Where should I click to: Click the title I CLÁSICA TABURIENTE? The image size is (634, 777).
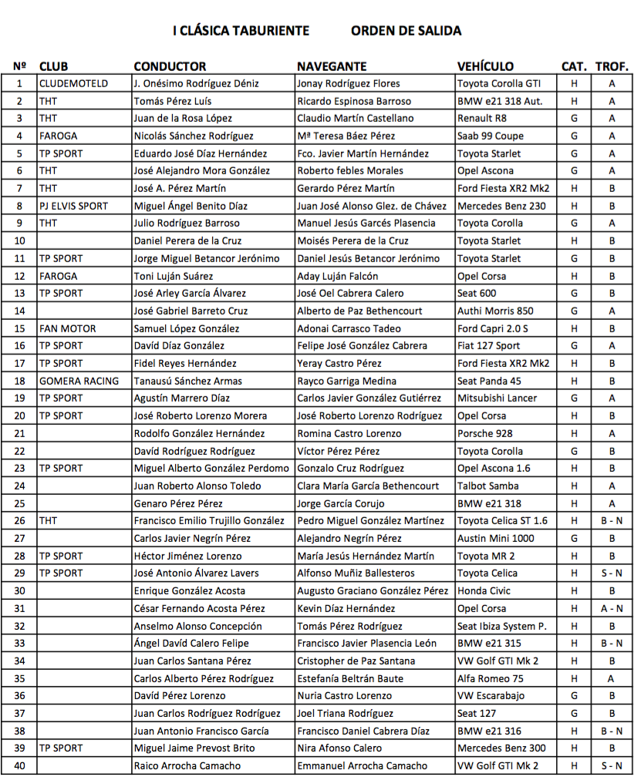point(241,31)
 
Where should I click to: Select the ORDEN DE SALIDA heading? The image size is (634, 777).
point(406,31)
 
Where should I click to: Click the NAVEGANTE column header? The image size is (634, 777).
point(332,66)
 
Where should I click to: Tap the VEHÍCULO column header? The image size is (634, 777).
point(485,66)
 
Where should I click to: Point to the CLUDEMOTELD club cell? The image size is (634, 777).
point(73,83)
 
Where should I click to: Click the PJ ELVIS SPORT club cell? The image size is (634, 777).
point(73,206)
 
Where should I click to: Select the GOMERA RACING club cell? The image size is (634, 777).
point(79,381)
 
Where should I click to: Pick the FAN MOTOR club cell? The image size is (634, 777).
point(67,328)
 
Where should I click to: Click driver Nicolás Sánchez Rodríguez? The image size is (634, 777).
point(193,136)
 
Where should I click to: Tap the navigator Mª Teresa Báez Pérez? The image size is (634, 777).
point(346,136)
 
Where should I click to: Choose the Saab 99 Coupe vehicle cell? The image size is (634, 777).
point(491,136)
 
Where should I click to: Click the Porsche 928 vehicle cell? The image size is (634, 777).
point(484,433)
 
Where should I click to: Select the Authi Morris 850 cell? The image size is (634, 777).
point(495,311)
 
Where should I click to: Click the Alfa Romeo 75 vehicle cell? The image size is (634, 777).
point(490,678)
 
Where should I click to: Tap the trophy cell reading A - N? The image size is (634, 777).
point(612,608)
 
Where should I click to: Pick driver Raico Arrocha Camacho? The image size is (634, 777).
point(187,766)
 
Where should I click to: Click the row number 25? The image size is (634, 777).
point(20,503)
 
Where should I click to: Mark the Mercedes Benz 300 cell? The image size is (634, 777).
point(501,748)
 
